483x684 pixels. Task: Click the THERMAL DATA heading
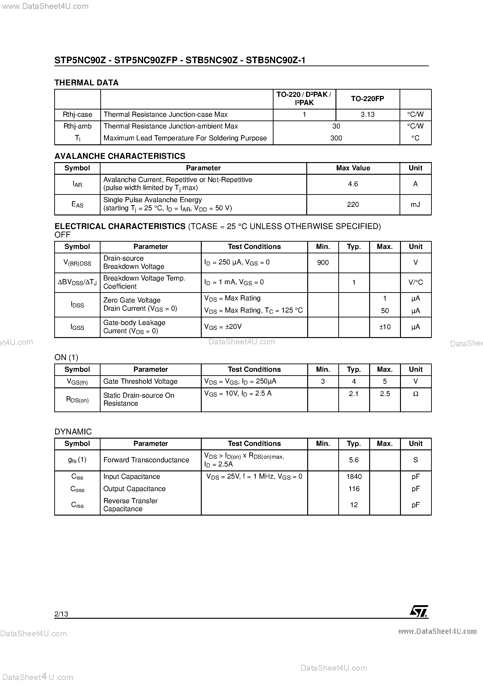(86, 83)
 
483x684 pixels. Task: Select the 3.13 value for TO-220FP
(368, 115)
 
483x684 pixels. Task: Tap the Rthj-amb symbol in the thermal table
(77, 126)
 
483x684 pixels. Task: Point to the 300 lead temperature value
(336, 138)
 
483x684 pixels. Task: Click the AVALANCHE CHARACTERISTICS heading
(120, 156)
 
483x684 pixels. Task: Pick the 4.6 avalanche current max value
(353, 184)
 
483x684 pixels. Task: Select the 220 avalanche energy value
(353, 204)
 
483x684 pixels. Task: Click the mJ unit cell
(415, 204)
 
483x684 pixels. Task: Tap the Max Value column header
(353, 168)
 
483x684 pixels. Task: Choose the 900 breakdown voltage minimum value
(323, 262)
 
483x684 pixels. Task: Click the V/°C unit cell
(415, 282)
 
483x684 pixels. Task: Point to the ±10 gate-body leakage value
(385, 327)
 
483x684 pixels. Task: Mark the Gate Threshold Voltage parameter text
(140, 381)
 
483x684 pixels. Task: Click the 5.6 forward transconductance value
(354, 460)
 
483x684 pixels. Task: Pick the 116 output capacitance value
(354, 489)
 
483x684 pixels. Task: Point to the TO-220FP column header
(368, 99)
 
